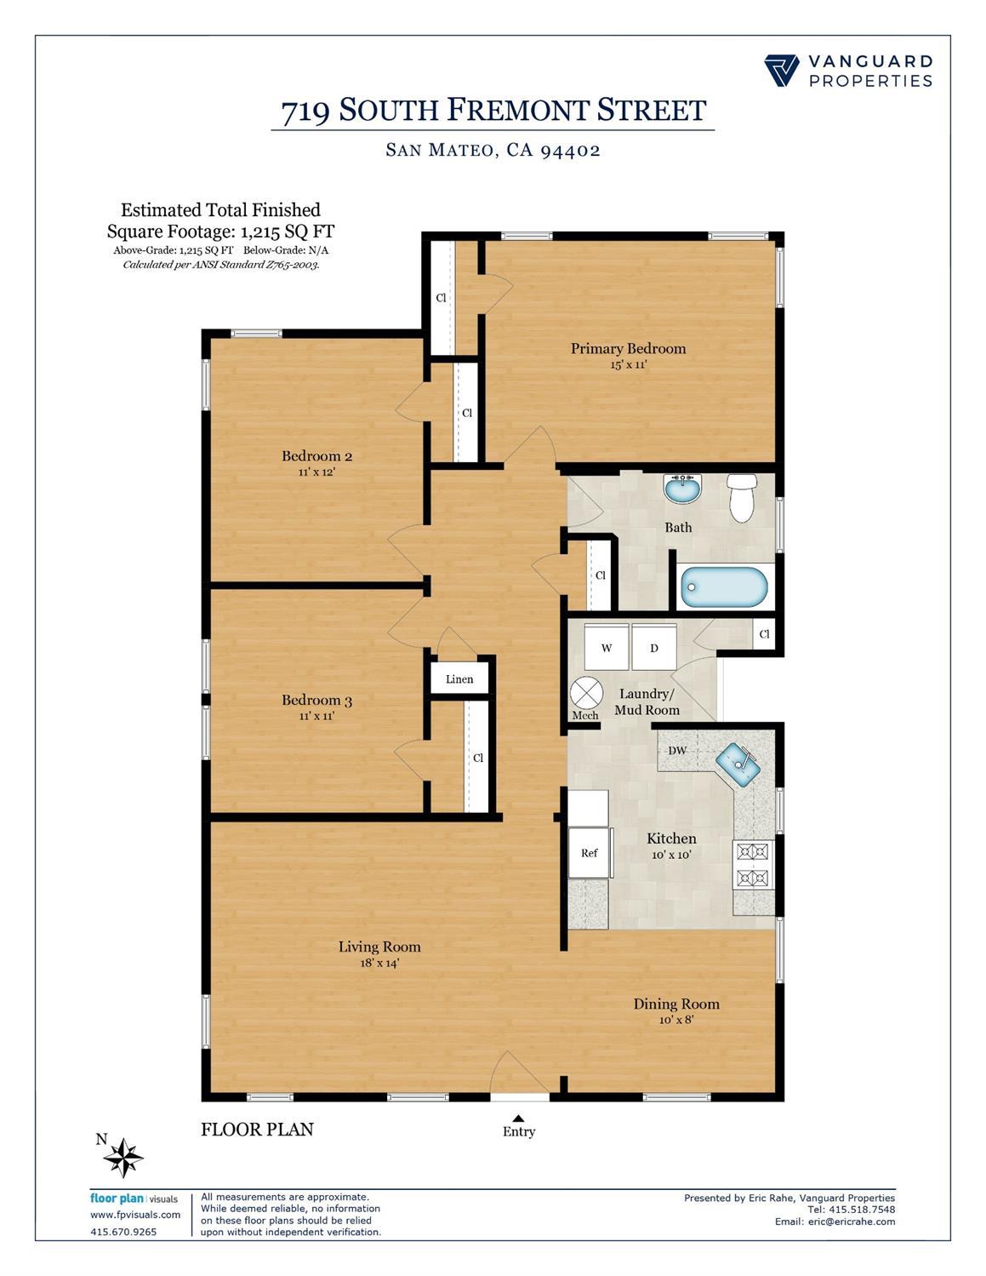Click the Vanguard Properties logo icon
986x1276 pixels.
point(781,71)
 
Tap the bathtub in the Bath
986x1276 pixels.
point(724,587)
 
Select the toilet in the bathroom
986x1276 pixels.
point(742,498)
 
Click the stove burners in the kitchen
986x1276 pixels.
point(753,864)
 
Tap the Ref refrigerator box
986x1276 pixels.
point(590,852)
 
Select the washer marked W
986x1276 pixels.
point(607,648)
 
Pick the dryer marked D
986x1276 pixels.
point(654,648)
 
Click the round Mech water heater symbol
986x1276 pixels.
point(585,692)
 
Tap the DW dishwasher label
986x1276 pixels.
point(677,751)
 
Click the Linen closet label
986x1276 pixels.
point(459,679)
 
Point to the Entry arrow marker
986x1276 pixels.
point(518,1119)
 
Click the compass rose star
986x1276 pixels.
point(124,1158)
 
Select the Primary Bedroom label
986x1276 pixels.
point(628,348)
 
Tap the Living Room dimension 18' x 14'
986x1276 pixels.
point(379,964)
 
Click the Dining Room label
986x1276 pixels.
point(676,1004)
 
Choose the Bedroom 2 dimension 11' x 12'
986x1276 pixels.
point(316,472)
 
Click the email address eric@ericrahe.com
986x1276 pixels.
point(846,1222)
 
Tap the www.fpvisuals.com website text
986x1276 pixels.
point(135,1215)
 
